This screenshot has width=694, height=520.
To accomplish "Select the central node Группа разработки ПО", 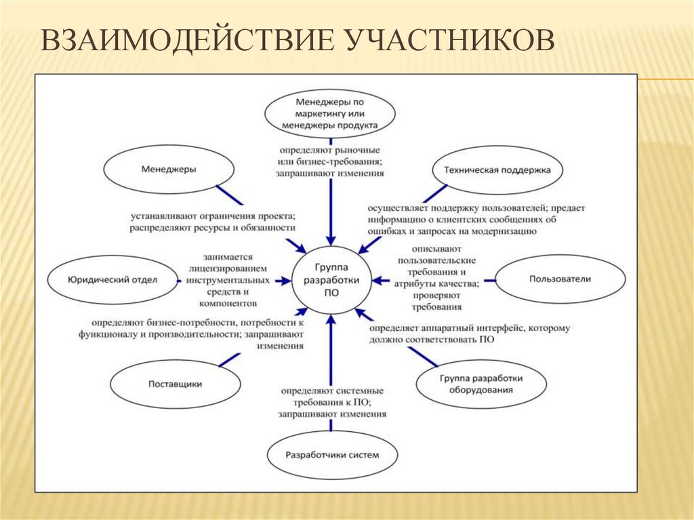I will click(x=332, y=279).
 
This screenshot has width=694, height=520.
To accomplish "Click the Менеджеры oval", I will click(x=169, y=169).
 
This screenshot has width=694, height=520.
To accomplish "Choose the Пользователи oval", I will click(x=560, y=279).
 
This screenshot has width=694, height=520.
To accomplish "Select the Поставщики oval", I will click(x=175, y=384).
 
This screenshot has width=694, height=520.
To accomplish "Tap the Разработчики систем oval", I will click(x=331, y=454).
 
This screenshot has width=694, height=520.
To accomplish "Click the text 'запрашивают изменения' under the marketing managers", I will click(x=330, y=174).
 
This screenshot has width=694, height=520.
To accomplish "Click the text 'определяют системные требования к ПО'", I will click(x=331, y=397).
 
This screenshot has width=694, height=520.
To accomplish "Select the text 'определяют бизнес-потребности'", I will click(x=169, y=323).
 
